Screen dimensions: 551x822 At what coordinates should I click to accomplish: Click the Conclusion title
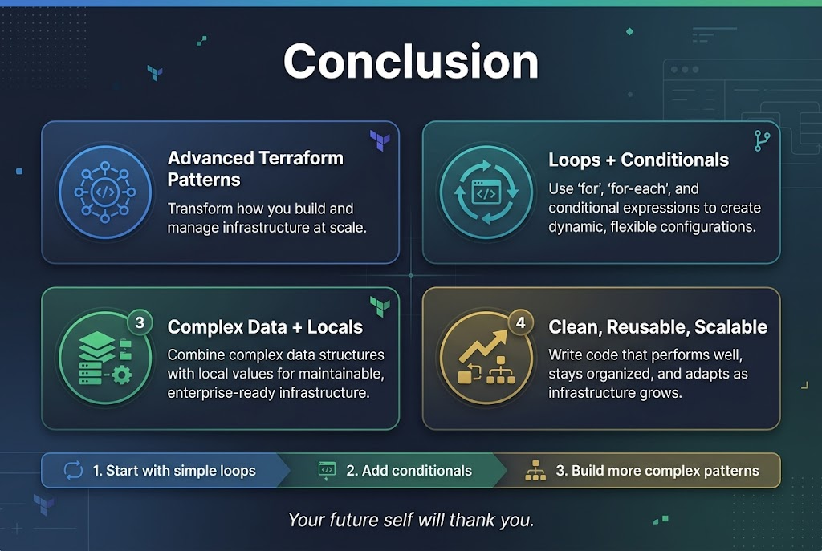point(410,62)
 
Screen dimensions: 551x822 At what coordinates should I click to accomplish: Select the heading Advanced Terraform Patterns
point(255,168)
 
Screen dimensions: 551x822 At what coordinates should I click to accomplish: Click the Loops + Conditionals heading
point(638,160)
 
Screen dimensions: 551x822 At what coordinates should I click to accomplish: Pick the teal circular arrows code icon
point(486,192)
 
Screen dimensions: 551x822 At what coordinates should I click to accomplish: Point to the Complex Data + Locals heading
point(265,327)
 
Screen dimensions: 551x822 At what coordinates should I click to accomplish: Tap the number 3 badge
point(140,323)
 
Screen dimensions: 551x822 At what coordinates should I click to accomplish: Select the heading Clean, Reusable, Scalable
point(657,327)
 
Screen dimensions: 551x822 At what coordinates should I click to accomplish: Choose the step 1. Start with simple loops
point(173,471)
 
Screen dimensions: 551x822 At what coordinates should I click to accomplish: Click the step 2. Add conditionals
point(409,471)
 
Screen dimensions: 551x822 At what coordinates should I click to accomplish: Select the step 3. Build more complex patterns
point(664,471)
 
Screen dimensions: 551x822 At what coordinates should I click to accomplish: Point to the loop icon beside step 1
point(73,471)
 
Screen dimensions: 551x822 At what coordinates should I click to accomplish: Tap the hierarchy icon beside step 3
point(535,471)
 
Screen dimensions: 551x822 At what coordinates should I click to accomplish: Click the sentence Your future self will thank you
point(410,520)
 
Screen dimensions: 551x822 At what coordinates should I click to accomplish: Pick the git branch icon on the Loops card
point(762,141)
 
